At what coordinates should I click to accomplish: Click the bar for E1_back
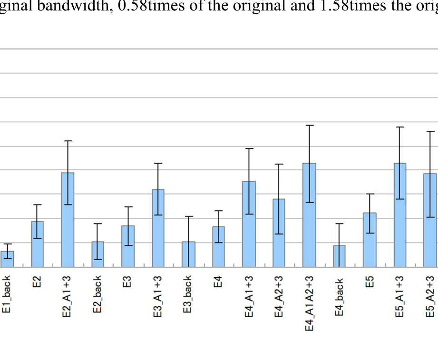(x=7, y=259)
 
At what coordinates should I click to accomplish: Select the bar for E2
(x=37, y=244)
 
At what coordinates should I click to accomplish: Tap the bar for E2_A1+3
(x=68, y=220)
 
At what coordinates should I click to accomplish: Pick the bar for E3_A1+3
(x=158, y=228)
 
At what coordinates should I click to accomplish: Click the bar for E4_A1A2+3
(x=309, y=215)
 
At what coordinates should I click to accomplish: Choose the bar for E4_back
(x=339, y=256)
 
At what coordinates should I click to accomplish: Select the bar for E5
(x=370, y=240)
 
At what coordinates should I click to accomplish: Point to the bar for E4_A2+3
(x=279, y=233)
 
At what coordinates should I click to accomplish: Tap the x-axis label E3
(x=127, y=281)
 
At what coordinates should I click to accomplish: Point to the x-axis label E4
(x=218, y=281)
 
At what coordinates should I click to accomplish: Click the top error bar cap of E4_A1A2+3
(x=309, y=125)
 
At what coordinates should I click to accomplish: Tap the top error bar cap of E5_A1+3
(x=400, y=127)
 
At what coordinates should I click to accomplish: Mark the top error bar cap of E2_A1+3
(x=68, y=141)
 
